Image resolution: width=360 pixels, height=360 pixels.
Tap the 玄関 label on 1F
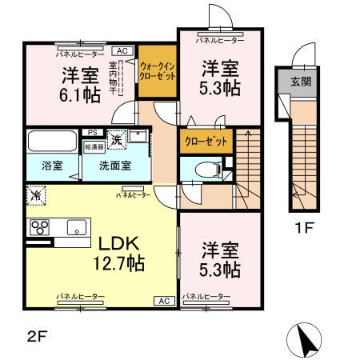[295, 80]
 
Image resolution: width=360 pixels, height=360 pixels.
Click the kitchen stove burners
[40, 226]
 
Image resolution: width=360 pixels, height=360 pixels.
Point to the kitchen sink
[77, 226]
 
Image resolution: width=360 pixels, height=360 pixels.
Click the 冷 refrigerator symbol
[35, 194]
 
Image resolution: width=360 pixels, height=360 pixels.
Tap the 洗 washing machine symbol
[116, 138]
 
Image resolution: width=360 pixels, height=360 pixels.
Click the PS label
[93, 132]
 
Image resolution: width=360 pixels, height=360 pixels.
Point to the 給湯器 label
[94, 146]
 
